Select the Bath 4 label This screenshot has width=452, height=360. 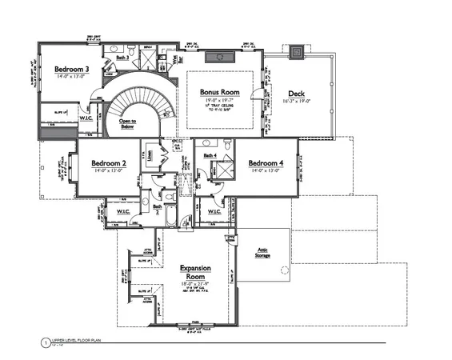(210, 154)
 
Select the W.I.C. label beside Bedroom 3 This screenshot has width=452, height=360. (85, 118)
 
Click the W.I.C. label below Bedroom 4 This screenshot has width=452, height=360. (214, 211)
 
